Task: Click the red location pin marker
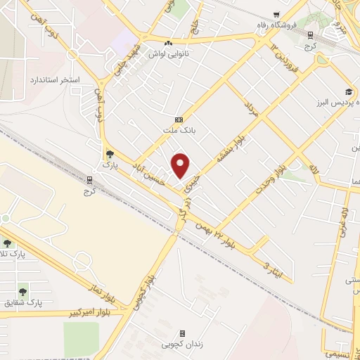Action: [181, 166]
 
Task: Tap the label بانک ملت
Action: [178, 131]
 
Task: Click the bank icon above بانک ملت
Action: [179, 119]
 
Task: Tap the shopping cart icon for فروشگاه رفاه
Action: [276, 15]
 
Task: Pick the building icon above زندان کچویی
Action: [182, 333]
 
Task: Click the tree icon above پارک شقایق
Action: [23, 289]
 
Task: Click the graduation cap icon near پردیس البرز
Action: [349, 92]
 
